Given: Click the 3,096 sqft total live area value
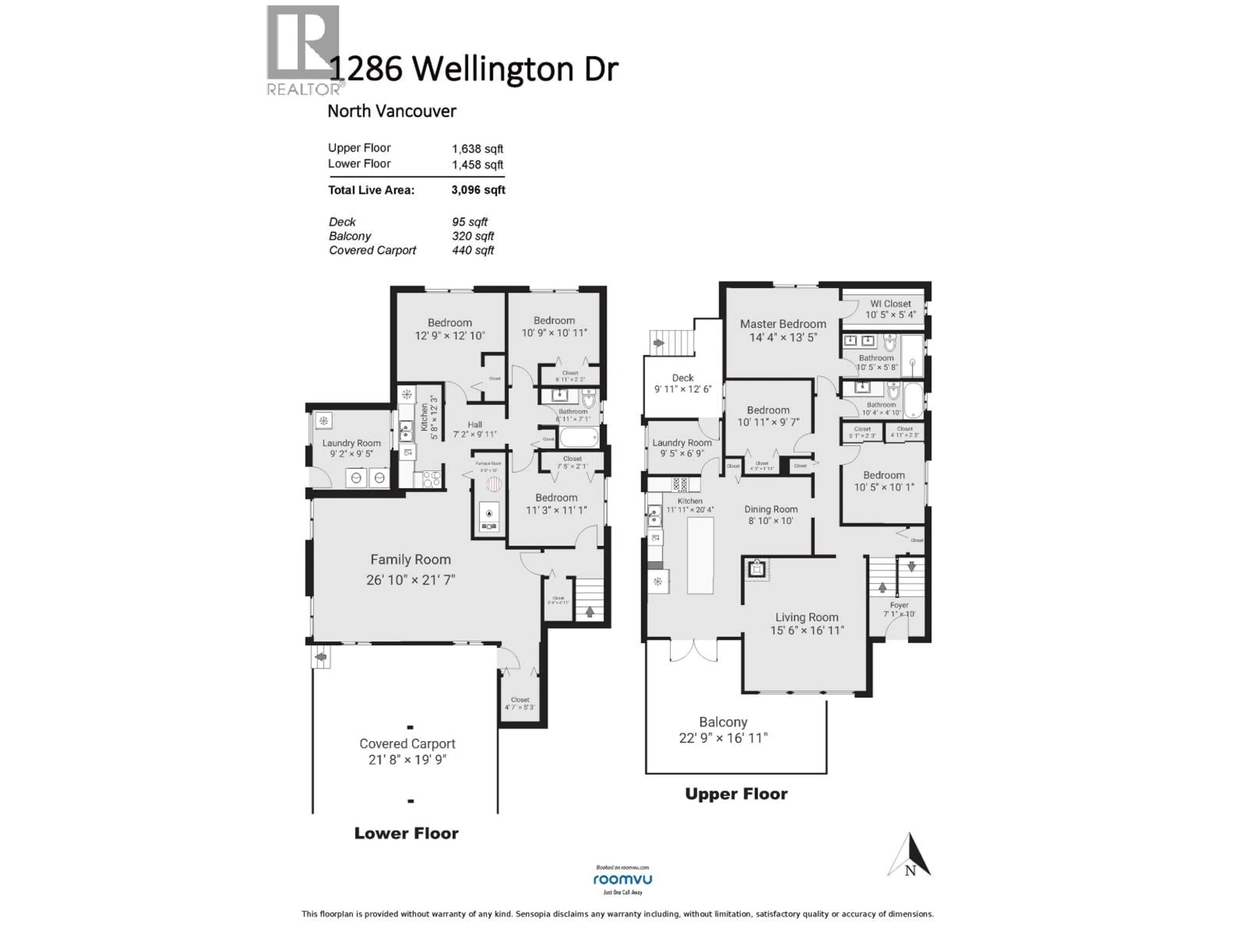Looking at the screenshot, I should click(478, 190).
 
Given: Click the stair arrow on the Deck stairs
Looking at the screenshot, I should click(657, 342).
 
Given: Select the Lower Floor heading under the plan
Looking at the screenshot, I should click(406, 833).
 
